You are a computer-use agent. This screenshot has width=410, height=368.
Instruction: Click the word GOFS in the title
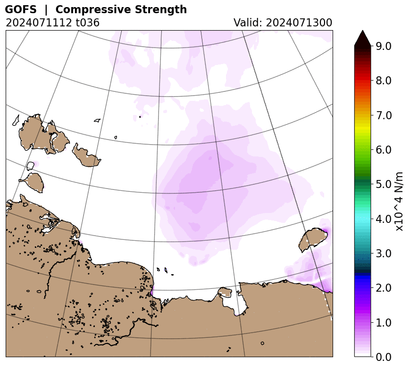21,9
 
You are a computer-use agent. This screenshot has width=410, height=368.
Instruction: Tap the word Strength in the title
161,10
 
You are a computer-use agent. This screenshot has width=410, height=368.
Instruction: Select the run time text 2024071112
39,23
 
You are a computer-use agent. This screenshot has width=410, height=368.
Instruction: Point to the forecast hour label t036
88,23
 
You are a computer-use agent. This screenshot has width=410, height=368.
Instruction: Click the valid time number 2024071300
299,23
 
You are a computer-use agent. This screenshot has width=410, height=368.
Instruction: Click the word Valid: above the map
248,23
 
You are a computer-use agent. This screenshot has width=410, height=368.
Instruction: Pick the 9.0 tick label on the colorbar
384,46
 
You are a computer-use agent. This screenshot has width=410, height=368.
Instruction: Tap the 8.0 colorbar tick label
384,81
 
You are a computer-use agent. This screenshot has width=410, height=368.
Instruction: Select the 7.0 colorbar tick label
384,115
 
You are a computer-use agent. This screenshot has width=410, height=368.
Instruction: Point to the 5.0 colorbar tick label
384,184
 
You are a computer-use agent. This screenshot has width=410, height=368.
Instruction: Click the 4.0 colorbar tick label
384,219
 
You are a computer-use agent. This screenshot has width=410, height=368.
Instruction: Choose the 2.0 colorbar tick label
384,288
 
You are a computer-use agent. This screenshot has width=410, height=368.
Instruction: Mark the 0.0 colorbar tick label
384,357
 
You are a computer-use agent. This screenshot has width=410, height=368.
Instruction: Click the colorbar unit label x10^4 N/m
399,201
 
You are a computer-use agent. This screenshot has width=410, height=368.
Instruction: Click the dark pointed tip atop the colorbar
363,31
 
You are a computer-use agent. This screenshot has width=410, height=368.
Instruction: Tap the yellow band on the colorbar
363,130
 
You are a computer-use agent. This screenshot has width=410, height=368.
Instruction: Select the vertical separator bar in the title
46,10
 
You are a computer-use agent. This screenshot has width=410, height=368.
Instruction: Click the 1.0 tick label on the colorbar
384,323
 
